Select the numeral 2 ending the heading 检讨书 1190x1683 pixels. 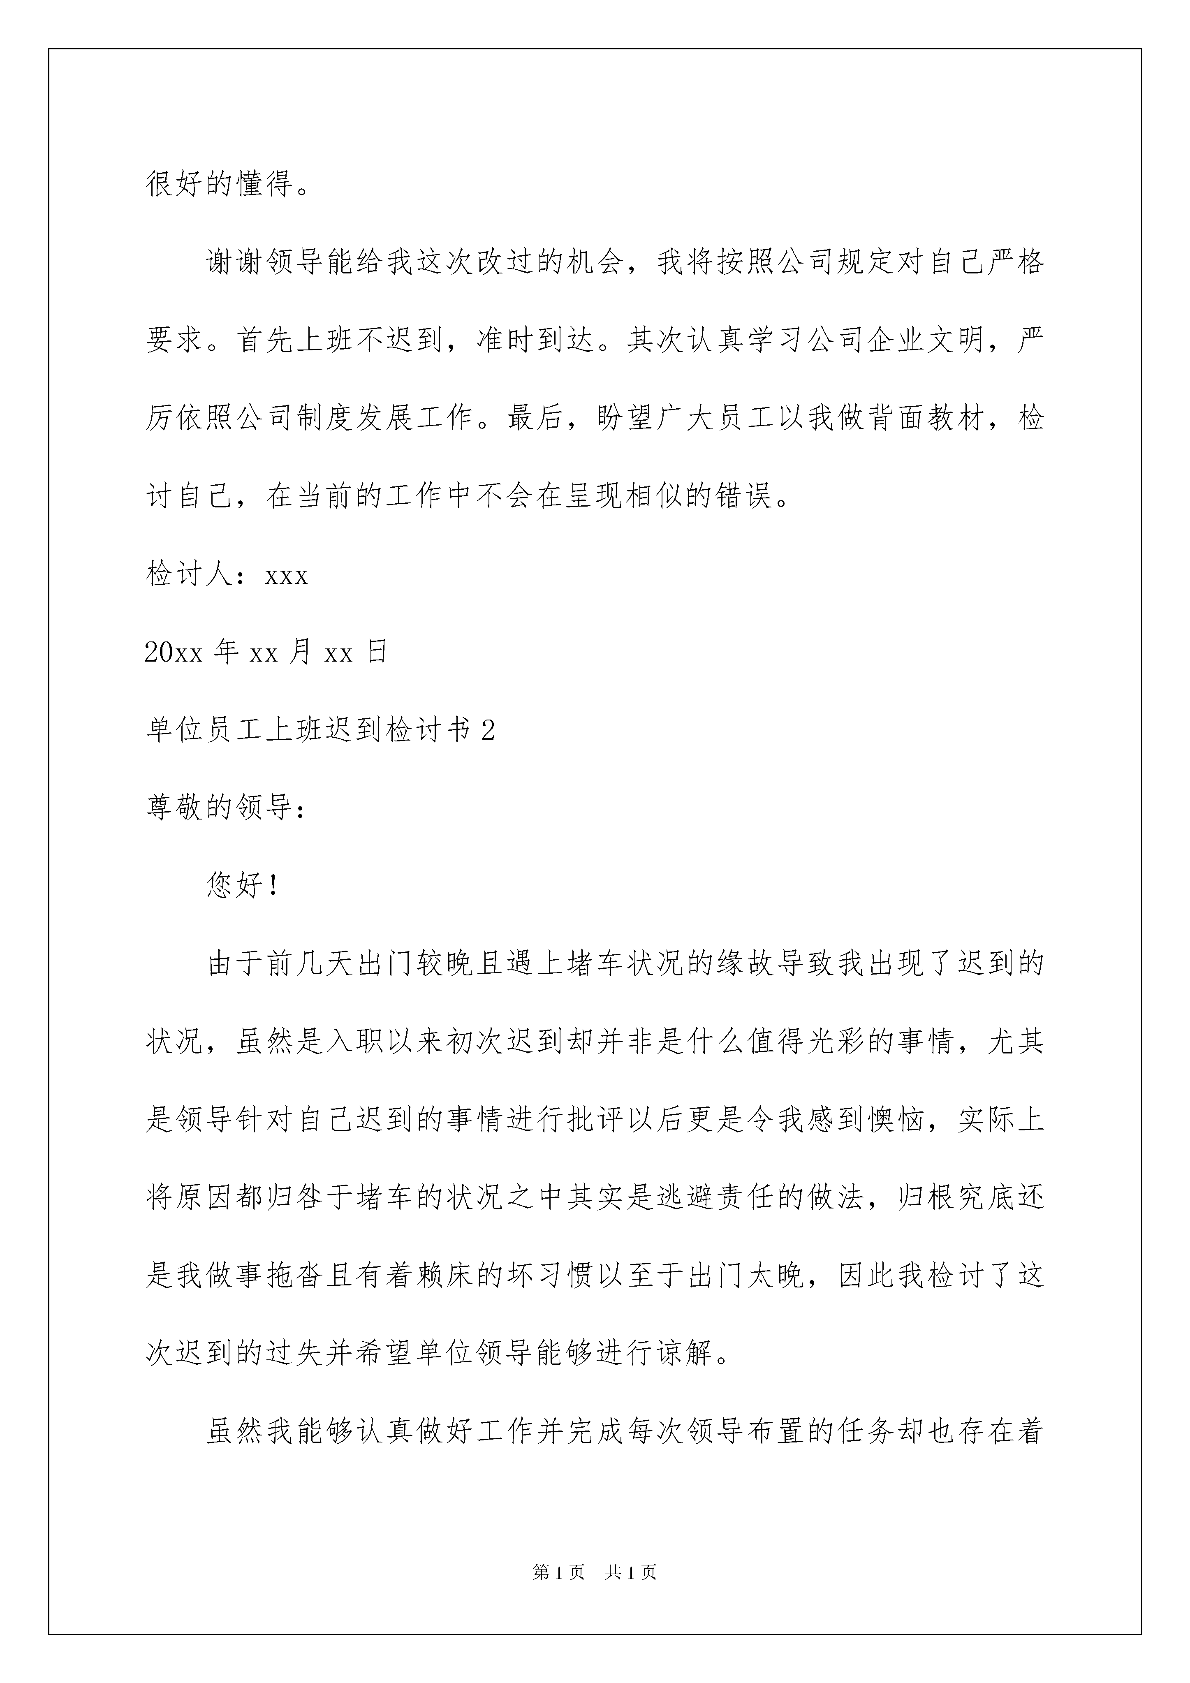pos(489,731)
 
